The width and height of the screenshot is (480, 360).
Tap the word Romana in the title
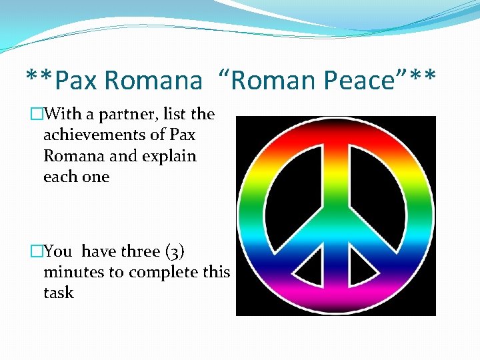point(153,81)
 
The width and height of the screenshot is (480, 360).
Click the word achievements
point(97,135)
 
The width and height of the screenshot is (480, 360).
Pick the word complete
point(162,273)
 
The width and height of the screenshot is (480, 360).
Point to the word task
point(58,293)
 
